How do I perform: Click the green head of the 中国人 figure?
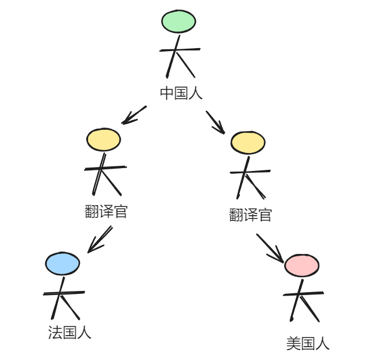(179, 21)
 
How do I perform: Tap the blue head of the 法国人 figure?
(63, 264)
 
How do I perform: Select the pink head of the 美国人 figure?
(301, 266)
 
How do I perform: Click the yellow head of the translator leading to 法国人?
(104, 140)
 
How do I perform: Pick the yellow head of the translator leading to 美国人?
(248, 143)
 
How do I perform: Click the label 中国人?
(181, 93)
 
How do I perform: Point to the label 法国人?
(70, 333)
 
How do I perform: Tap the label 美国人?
(308, 344)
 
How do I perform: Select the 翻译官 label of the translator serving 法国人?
(106, 212)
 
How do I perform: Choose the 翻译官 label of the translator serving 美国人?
(250, 216)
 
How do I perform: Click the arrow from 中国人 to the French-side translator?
(134, 114)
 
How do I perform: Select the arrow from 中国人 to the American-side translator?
(215, 122)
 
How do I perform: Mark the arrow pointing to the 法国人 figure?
(100, 239)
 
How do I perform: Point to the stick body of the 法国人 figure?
(60, 296)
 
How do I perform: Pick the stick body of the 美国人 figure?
(300, 299)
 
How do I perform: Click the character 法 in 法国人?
(55, 333)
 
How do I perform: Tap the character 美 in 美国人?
(293, 344)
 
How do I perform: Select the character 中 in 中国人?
(167, 93)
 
